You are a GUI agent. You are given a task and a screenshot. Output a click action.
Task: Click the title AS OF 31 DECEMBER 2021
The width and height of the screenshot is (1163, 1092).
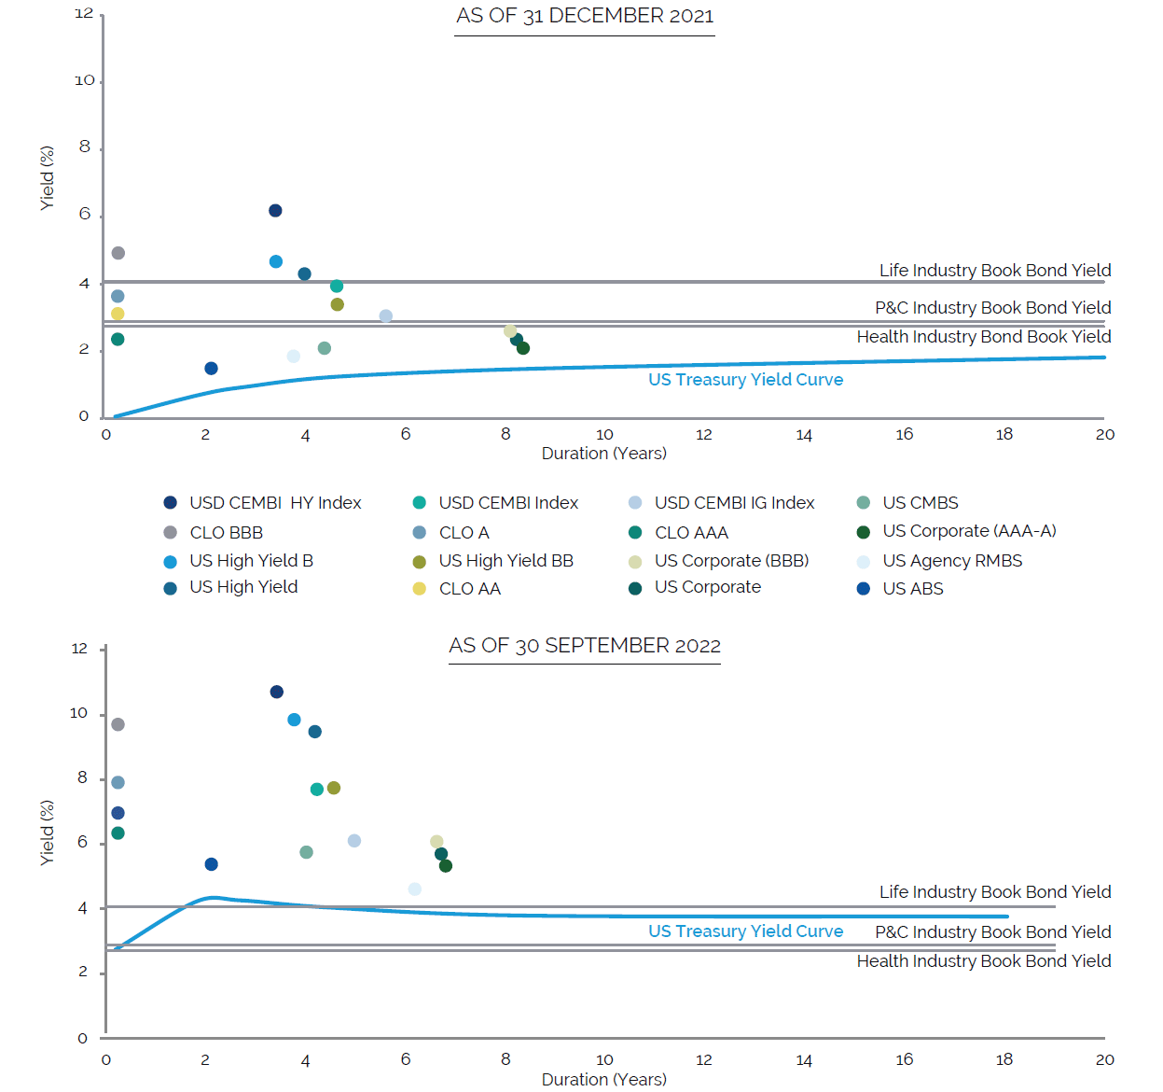[x=585, y=16]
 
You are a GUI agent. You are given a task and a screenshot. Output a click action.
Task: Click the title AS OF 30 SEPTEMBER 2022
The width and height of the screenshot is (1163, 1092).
[x=585, y=646]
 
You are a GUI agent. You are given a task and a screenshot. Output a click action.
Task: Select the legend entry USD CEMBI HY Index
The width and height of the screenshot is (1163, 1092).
[x=274, y=503]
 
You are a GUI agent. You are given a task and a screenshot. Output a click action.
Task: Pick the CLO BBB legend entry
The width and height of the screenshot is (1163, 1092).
[x=226, y=533]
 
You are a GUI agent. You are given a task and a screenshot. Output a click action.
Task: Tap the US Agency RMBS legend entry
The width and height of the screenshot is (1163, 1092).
[x=951, y=561]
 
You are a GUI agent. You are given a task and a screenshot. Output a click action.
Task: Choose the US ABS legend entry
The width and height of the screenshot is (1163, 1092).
[x=912, y=589]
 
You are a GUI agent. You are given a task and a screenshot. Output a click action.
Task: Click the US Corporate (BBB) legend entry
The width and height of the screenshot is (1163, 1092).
[x=730, y=561]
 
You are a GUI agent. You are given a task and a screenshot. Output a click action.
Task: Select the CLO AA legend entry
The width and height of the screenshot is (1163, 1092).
[x=469, y=589]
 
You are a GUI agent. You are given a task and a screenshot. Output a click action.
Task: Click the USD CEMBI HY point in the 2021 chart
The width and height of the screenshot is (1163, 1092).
[x=275, y=211]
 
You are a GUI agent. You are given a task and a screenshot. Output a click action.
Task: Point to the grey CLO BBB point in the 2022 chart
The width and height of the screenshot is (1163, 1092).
[x=118, y=724]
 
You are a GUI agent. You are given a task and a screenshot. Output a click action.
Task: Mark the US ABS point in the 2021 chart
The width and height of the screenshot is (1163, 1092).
[x=211, y=369]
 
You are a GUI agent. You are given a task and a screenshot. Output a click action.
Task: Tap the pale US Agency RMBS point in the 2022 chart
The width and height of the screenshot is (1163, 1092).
[x=415, y=889]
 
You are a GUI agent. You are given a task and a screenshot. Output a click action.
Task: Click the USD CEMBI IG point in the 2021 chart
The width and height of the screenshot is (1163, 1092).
[x=386, y=316]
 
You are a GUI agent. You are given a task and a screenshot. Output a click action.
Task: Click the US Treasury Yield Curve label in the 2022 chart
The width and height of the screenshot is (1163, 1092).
[x=745, y=931]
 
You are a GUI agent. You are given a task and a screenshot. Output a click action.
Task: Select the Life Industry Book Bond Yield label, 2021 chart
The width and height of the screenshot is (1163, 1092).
[x=994, y=271]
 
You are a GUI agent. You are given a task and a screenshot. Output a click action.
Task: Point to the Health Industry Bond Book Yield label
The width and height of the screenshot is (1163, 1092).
[x=983, y=337]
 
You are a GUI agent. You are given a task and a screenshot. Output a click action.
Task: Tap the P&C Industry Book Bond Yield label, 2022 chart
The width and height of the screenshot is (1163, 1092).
[x=992, y=932]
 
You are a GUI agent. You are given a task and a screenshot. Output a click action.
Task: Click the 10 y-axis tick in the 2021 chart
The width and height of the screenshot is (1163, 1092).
[x=85, y=81]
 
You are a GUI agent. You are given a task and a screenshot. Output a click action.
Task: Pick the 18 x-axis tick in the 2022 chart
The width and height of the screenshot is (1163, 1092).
[x=1004, y=1060]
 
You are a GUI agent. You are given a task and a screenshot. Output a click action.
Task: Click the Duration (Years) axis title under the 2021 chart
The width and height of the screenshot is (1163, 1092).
[x=603, y=454]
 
